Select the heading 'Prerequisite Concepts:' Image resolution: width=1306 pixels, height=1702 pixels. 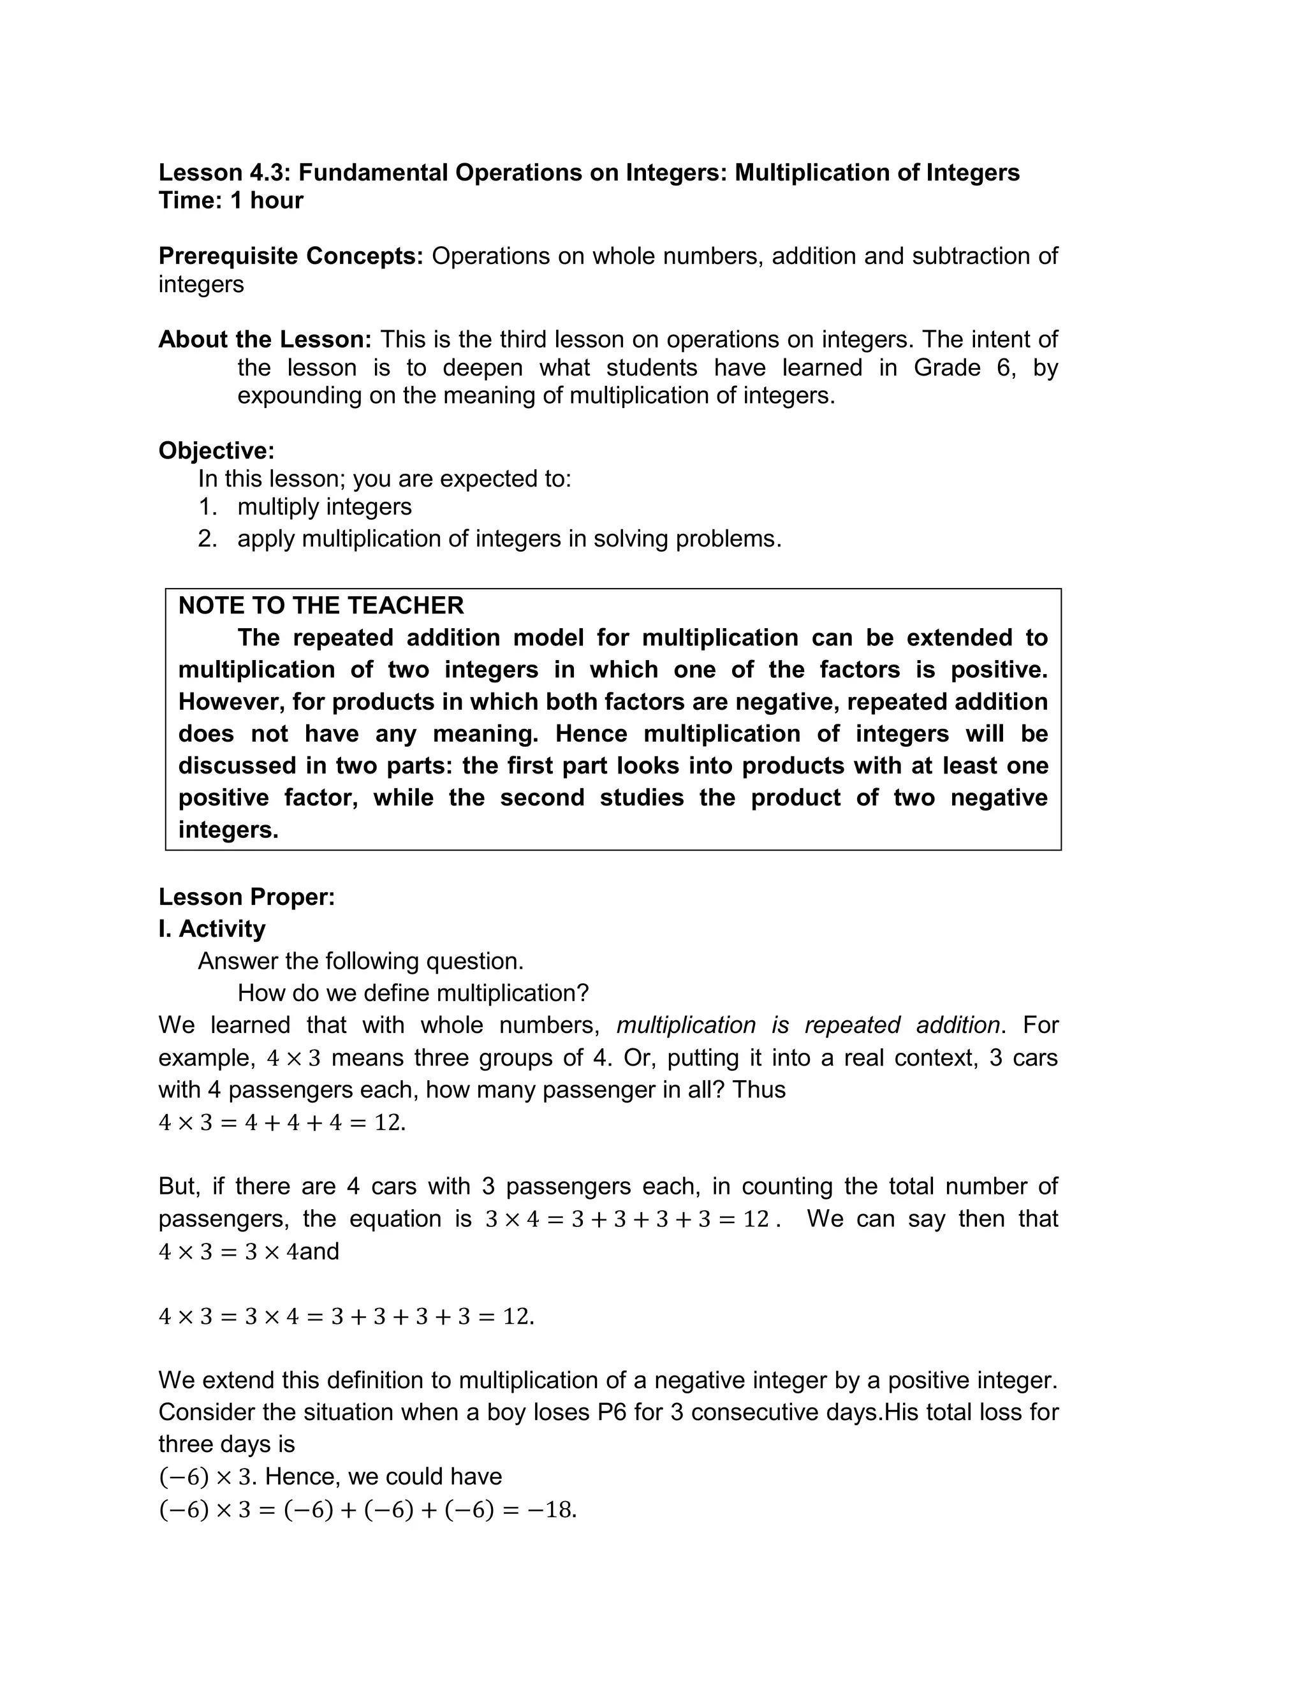click(x=291, y=256)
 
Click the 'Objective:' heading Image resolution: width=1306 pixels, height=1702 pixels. click(x=216, y=451)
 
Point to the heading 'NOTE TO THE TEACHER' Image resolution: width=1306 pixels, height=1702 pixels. click(x=321, y=605)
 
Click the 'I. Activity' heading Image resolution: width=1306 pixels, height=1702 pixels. click(x=212, y=928)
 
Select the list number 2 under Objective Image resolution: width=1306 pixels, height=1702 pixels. click(x=207, y=539)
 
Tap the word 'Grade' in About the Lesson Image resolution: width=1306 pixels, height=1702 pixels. click(x=947, y=367)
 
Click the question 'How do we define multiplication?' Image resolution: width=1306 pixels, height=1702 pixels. click(x=413, y=994)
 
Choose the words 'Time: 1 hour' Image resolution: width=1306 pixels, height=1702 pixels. click(x=231, y=200)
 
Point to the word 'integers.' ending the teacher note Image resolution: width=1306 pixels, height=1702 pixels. click(x=228, y=830)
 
